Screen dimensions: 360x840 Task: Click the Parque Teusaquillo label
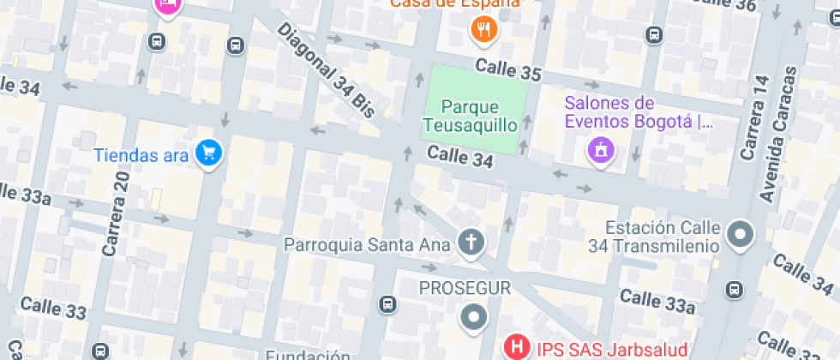tap(470, 117)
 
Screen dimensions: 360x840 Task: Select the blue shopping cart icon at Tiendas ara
tap(208, 154)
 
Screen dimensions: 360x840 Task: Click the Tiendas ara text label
tap(141, 155)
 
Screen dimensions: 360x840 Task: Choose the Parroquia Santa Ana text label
tap(367, 244)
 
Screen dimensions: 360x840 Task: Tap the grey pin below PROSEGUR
tap(472, 318)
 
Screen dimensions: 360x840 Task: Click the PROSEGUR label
tap(465, 288)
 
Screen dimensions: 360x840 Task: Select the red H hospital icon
tap(518, 348)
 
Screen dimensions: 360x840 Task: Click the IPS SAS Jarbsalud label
tap(612, 349)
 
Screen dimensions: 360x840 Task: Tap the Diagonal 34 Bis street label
tap(327, 69)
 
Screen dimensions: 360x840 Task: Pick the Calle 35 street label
tap(508, 70)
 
